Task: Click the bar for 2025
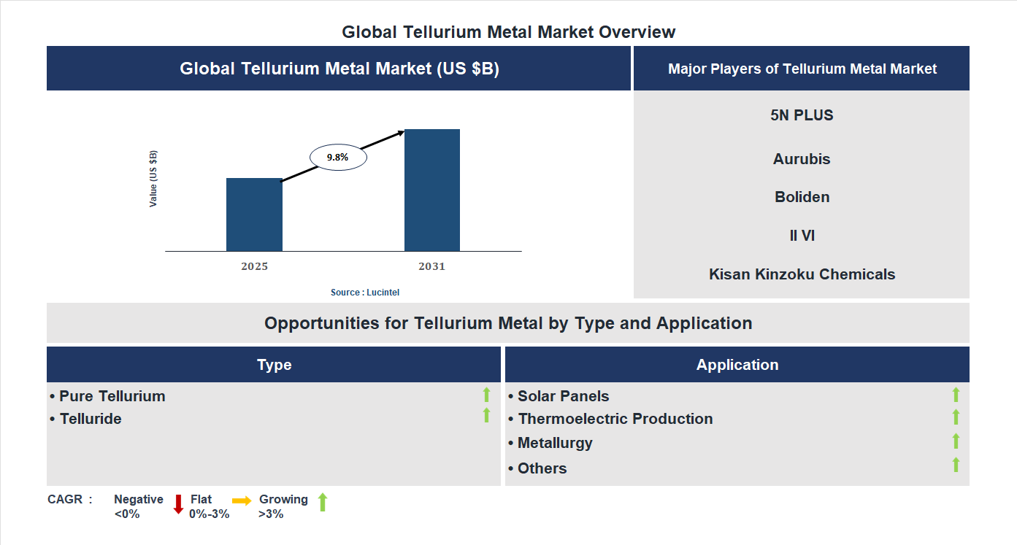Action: click(254, 214)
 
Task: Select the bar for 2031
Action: click(432, 190)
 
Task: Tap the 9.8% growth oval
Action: click(338, 157)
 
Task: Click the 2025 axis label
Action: click(254, 266)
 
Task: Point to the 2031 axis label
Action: click(431, 266)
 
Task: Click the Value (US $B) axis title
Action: click(153, 179)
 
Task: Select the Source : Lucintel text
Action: click(365, 292)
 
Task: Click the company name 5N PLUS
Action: click(802, 115)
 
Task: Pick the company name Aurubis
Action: click(802, 159)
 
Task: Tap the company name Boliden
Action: click(802, 197)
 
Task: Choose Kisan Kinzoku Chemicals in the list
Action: click(802, 274)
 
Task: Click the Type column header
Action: click(274, 365)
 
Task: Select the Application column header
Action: click(737, 365)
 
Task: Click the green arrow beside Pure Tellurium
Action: click(486, 395)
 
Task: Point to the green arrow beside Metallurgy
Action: click(956, 441)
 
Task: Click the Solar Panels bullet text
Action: click(563, 396)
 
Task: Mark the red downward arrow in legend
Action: click(178, 503)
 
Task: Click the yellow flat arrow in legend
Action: click(242, 500)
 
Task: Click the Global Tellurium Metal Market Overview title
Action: click(508, 32)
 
